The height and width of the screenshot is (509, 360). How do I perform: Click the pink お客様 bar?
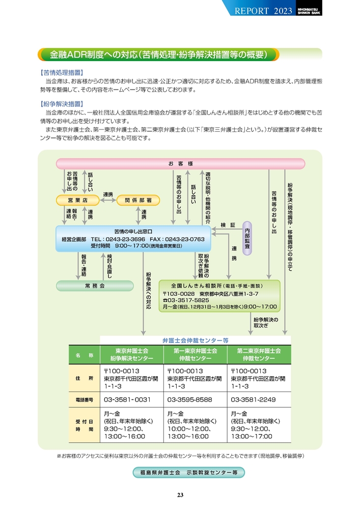tap(180, 163)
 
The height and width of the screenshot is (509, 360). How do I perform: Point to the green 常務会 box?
tap(95, 286)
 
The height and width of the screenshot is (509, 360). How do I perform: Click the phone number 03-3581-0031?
tap(128, 399)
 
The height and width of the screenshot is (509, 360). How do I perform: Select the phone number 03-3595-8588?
tap(191, 399)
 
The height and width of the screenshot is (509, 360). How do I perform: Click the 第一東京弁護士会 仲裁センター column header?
tap(195, 355)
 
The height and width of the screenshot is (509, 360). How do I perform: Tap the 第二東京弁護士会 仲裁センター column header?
tap(259, 355)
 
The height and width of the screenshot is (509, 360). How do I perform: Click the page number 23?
tap(180, 495)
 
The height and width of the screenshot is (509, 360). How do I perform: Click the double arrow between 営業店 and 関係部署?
tap(107, 201)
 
